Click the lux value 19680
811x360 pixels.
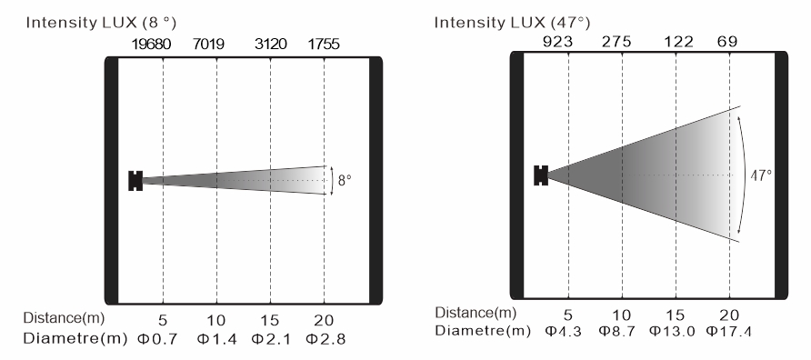(x=151, y=45)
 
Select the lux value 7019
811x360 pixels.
(x=208, y=45)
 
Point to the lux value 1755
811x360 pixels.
(x=324, y=45)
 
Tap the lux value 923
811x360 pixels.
(x=557, y=42)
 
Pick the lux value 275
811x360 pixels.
(x=616, y=42)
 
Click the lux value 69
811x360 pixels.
(x=727, y=42)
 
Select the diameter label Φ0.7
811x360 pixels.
(x=157, y=339)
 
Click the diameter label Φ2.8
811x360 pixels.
(x=325, y=339)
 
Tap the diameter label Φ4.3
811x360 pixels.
(x=564, y=331)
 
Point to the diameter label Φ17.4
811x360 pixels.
(x=729, y=331)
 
